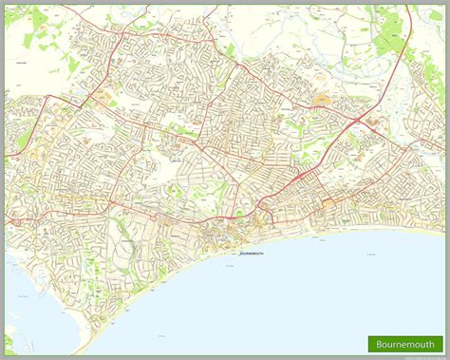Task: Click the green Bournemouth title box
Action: click(x=405, y=343)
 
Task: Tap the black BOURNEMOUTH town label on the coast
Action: click(x=252, y=255)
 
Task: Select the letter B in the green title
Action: click(x=380, y=343)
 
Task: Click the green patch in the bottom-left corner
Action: click(x=9, y=341)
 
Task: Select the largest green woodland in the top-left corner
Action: click(x=38, y=28)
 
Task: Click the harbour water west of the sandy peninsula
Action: click(x=38, y=304)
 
